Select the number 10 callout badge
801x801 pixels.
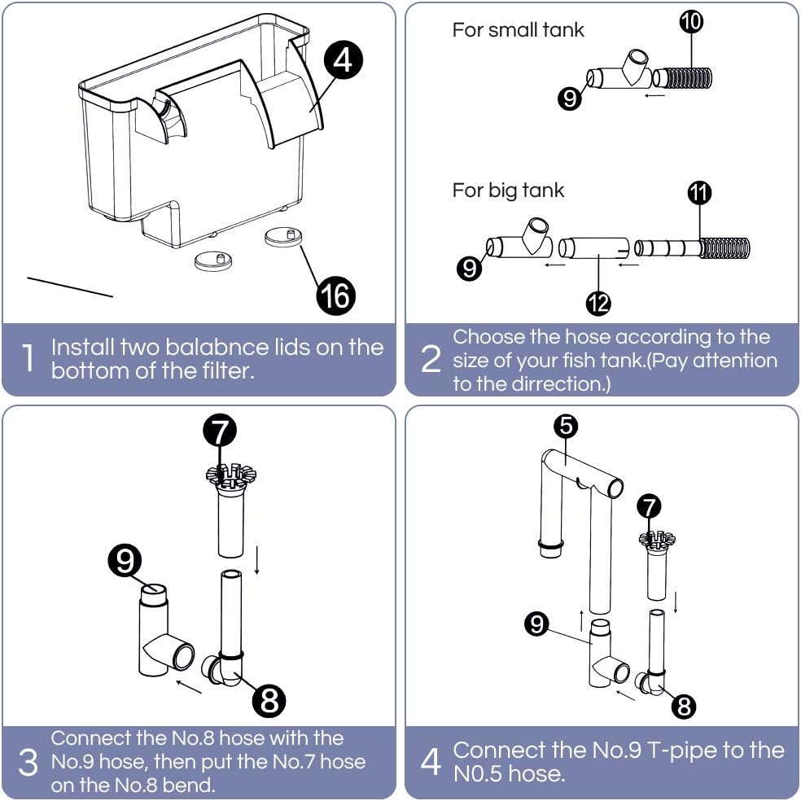pyautogui.click(x=690, y=22)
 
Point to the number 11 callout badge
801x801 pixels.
pyautogui.click(x=699, y=192)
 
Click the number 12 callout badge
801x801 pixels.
pyautogui.click(x=598, y=303)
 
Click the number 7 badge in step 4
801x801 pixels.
pyautogui.click(x=649, y=506)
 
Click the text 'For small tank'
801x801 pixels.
pyautogui.click(x=518, y=30)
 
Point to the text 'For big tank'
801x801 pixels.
pyautogui.click(x=508, y=190)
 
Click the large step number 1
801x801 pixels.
pyautogui.click(x=28, y=359)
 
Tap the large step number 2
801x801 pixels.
pyautogui.click(x=431, y=359)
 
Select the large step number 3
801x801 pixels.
pyautogui.click(x=28, y=763)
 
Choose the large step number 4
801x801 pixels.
pyautogui.click(x=431, y=763)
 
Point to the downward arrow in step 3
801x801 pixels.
pyautogui.click(x=257, y=560)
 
